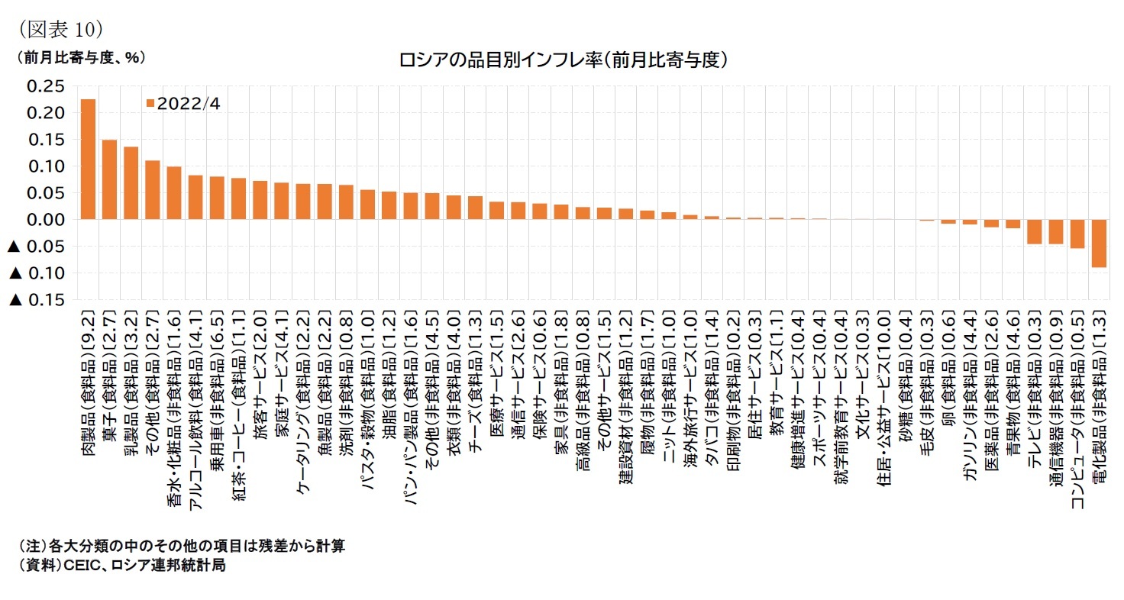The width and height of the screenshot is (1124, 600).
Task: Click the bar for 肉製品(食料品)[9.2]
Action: (x=88, y=160)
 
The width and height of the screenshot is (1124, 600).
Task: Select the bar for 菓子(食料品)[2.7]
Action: (x=109, y=180)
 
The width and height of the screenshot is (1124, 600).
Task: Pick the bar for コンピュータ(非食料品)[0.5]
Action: (x=1077, y=234)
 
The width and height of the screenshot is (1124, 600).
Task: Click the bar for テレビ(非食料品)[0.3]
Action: (x=1035, y=231)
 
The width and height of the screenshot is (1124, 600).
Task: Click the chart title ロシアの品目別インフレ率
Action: (x=561, y=60)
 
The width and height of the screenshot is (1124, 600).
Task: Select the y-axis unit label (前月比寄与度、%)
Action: (x=76, y=57)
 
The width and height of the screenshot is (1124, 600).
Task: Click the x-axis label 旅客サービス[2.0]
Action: (x=260, y=379)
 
